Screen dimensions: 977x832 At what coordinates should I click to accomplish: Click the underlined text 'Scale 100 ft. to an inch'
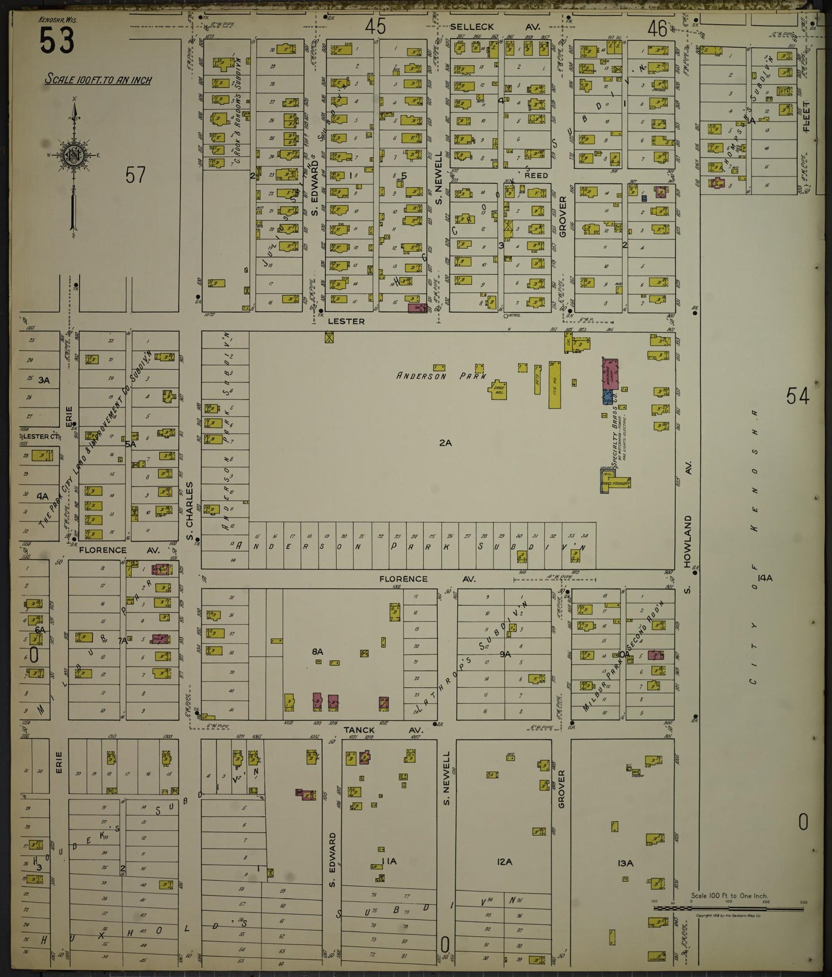pyautogui.click(x=98, y=79)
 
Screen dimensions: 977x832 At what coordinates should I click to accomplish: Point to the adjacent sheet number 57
pyautogui.click(x=135, y=175)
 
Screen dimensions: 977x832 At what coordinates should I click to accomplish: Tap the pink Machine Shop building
pyautogui.click(x=610, y=373)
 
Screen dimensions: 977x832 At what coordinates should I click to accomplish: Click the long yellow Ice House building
pyautogui.click(x=555, y=385)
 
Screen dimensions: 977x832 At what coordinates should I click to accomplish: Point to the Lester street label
pyautogui.click(x=346, y=321)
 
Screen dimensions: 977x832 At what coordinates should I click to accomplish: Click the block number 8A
pyautogui.click(x=317, y=652)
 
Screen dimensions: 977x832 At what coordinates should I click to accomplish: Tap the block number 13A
pyautogui.click(x=625, y=863)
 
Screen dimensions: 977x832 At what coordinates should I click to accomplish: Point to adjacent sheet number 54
pyautogui.click(x=797, y=396)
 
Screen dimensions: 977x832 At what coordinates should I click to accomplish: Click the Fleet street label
pyautogui.click(x=806, y=116)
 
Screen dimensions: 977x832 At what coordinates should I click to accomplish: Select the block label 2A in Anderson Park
pyautogui.click(x=445, y=443)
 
